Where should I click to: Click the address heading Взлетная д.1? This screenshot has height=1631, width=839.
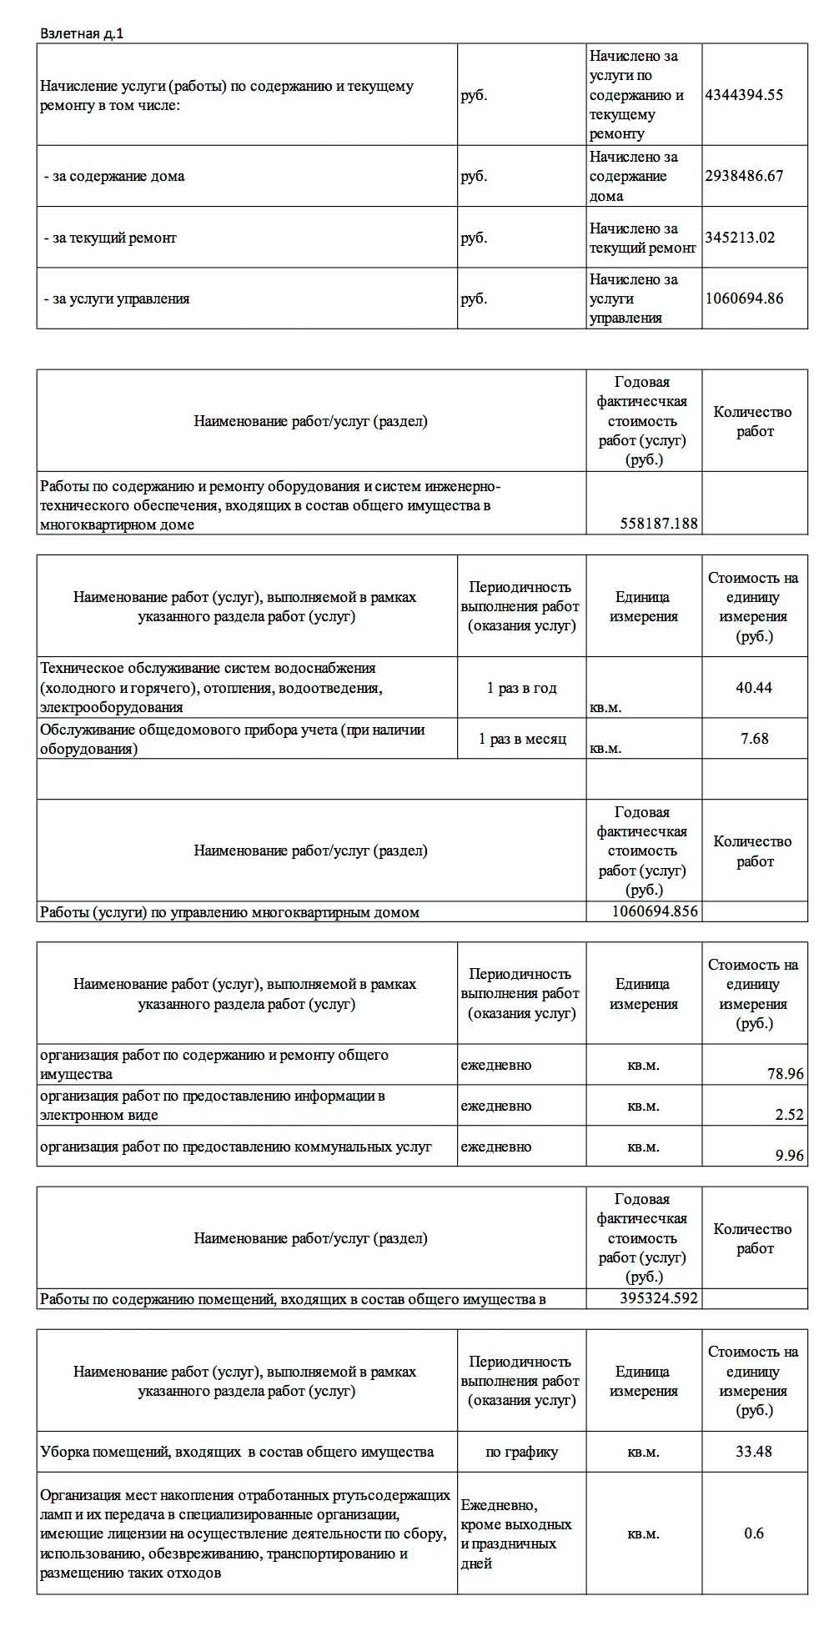tap(82, 33)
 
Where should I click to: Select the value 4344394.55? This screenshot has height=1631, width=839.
tap(744, 94)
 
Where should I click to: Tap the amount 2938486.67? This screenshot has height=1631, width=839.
tap(744, 176)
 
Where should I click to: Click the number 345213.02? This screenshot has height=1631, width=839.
tap(740, 238)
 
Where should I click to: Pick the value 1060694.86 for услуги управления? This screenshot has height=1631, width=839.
tap(744, 299)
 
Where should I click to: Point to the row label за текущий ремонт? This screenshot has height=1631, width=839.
tap(110, 238)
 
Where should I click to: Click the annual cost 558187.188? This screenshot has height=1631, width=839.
tap(659, 524)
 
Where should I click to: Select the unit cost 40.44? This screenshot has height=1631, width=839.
tap(754, 688)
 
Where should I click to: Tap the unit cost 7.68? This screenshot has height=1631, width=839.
tap(754, 738)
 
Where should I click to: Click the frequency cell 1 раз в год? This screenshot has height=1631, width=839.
tap(521, 689)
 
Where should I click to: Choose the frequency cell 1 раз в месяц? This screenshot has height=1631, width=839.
tap(521, 739)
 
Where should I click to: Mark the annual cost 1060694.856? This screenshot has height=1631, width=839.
tap(655, 911)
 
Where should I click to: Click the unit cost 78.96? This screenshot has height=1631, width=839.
tap(786, 1074)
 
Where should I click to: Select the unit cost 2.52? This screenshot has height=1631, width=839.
tap(789, 1115)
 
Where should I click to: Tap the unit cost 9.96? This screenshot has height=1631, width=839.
tap(789, 1156)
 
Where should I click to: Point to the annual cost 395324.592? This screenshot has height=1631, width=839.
tap(659, 1298)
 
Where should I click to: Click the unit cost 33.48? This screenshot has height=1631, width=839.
tap(754, 1452)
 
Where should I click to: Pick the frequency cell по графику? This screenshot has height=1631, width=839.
tap(521, 1453)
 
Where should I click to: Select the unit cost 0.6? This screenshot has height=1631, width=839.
tap(754, 1533)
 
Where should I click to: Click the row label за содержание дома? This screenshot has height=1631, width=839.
tap(114, 176)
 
